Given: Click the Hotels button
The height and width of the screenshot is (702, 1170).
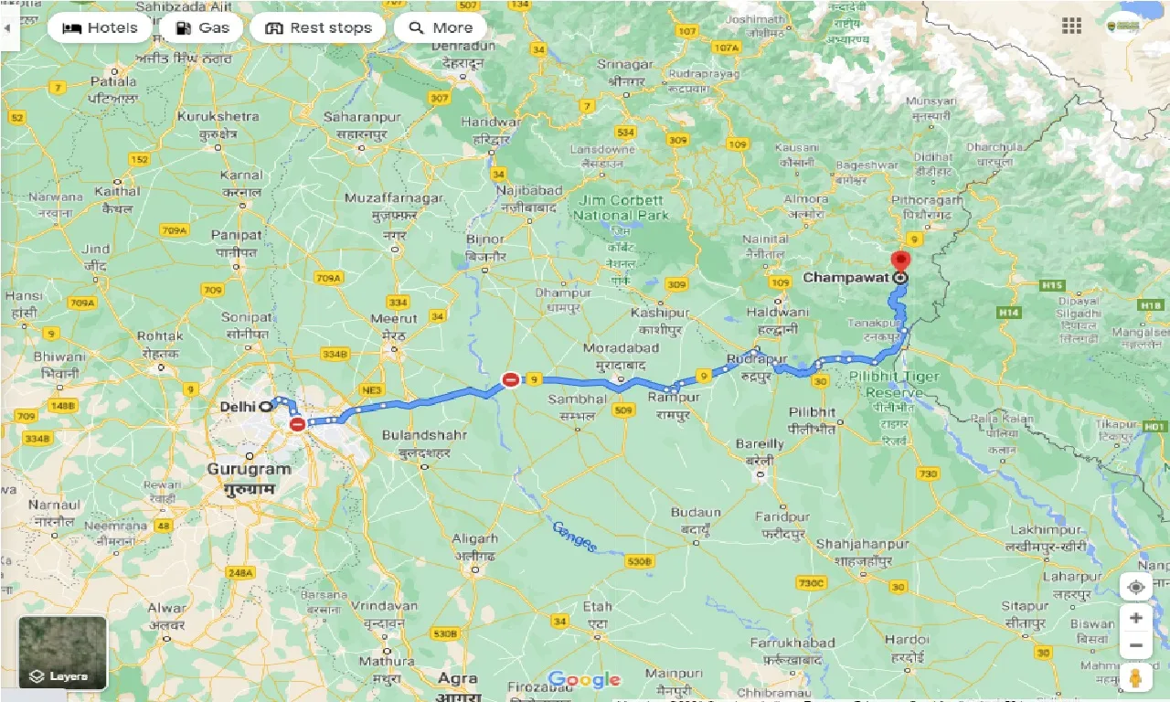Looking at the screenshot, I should [99, 27].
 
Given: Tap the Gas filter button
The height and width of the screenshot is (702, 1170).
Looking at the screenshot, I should [202, 27].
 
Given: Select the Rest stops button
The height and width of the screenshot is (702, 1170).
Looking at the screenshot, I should [318, 27].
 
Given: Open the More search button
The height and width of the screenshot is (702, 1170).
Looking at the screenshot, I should [440, 27].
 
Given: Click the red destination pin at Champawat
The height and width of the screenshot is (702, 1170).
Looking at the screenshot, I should [901, 261].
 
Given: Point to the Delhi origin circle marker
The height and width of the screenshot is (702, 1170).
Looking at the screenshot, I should [265, 406].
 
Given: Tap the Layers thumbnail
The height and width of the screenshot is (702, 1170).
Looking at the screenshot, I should [63, 653].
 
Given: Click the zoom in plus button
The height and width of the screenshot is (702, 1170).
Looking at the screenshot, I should [1135, 618].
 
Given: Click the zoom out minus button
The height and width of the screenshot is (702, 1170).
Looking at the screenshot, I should [1135, 646].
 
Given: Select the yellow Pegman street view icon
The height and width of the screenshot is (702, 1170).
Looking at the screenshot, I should [1135, 679].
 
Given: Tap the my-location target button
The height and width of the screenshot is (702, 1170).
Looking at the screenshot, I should [1135, 587].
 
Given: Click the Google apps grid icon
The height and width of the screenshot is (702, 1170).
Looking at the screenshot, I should [1071, 26].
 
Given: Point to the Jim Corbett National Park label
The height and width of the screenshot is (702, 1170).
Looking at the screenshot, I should [621, 208].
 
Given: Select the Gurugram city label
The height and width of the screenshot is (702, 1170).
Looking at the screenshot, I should [249, 469].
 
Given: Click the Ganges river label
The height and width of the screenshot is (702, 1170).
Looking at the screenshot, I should [574, 536].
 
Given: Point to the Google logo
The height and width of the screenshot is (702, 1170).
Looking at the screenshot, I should [584, 680].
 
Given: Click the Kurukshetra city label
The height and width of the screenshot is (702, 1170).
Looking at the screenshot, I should [218, 117].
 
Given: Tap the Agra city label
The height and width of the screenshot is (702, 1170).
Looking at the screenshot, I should [457, 678].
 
